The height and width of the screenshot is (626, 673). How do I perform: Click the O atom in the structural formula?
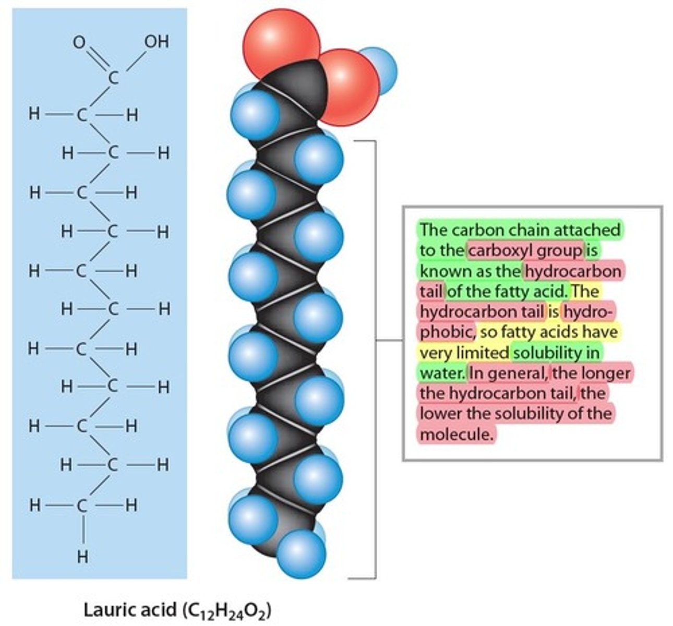tap(79, 42)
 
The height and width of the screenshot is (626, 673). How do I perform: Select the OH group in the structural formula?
tap(157, 41)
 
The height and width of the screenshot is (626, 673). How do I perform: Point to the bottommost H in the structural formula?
tap(82, 557)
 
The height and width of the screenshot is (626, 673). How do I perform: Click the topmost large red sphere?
tap(282, 39)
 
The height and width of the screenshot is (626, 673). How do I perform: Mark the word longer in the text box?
tap(605, 374)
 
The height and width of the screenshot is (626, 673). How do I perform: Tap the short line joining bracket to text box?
tap(389, 341)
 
